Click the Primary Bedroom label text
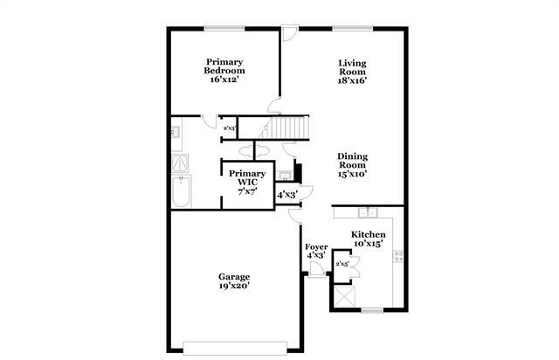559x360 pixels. point(224,66)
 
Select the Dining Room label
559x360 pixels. point(352,161)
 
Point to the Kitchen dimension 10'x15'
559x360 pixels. point(368,245)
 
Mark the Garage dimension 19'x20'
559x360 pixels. point(233,285)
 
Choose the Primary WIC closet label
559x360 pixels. point(247,177)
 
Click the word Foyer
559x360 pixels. point(316,247)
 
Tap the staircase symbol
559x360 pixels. point(287,128)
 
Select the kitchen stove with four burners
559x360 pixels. point(398,256)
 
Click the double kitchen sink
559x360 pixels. point(369,213)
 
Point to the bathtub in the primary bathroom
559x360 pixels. point(181,192)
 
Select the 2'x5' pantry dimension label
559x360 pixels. point(342,263)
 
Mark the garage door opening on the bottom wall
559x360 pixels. point(233,343)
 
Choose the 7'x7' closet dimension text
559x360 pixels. point(247,190)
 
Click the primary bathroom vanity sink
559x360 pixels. point(176,134)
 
